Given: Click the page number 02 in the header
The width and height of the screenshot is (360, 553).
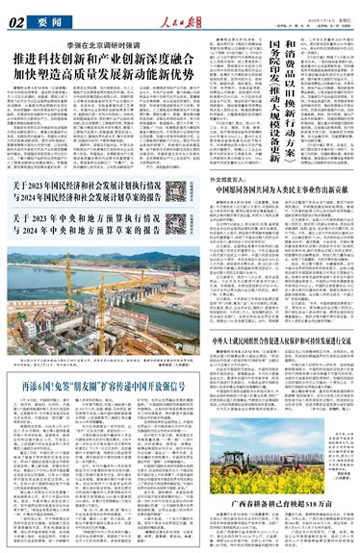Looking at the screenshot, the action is point(17,16).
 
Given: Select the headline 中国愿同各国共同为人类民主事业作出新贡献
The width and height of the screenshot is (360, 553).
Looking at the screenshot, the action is point(291,218).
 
